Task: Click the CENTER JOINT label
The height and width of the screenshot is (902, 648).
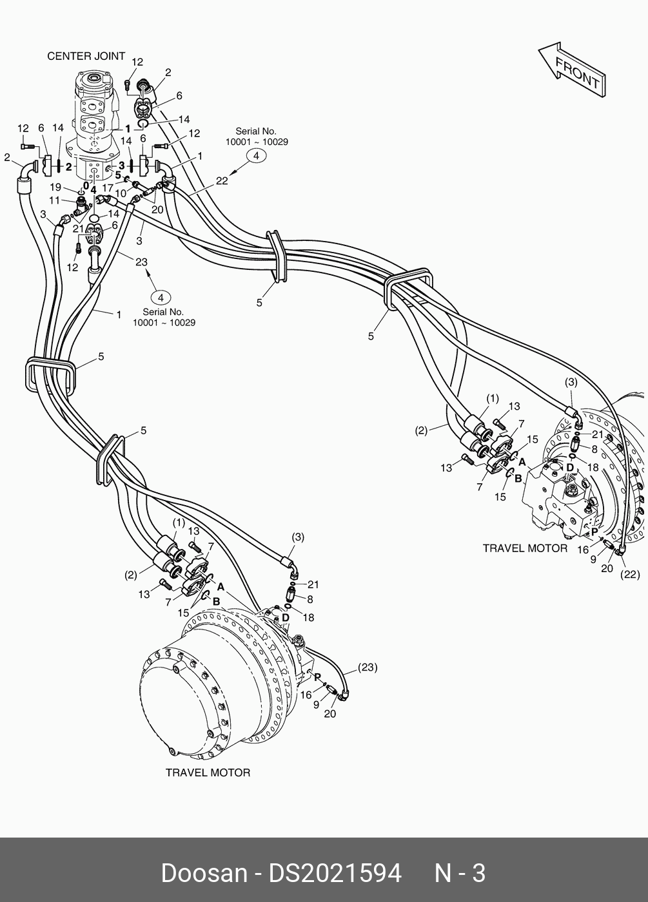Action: pyautogui.click(x=86, y=57)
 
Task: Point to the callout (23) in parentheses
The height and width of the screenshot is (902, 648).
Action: pyautogui.click(x=366, y=667)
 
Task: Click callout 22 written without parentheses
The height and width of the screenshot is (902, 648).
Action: pyautogui.click(x=222, y=181)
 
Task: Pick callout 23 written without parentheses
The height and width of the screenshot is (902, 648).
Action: pyautogui.click(x=141, y=262)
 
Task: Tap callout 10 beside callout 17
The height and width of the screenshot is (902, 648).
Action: pyautogui.click(x=121, y=193)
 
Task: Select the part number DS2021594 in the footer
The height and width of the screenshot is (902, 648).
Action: pyautogui.click(x=335, y=874)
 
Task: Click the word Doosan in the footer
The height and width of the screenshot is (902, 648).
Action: pyautogui.click(x=204, y=874)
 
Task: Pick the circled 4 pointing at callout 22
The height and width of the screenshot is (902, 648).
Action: pyautogui.click(x=256, y=156)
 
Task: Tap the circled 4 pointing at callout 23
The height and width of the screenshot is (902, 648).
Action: pyautogui.click(x=161, y=297)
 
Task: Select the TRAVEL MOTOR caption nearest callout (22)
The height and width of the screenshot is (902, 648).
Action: pyautogui.click(x=525, y=548)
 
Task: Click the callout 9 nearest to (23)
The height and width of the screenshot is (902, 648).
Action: pyautogui.click(x=315, y=705)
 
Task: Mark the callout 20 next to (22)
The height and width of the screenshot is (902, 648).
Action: pyautogui.click(x=607, y=568)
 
